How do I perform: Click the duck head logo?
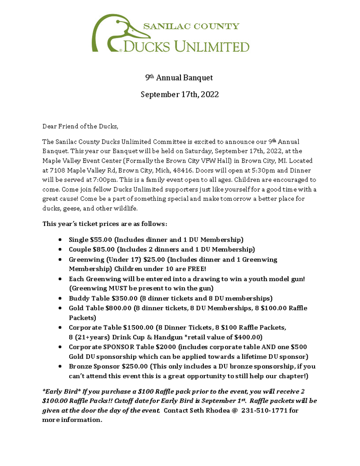pyautogui.click(x=118, y=32)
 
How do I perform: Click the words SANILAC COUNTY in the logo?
pyautogui.click(x=191, y=26)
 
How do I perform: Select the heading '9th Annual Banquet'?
pyautogui.click(x=179, y=78)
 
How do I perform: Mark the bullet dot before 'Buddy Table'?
pyautogui.click(x=61, y=299)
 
